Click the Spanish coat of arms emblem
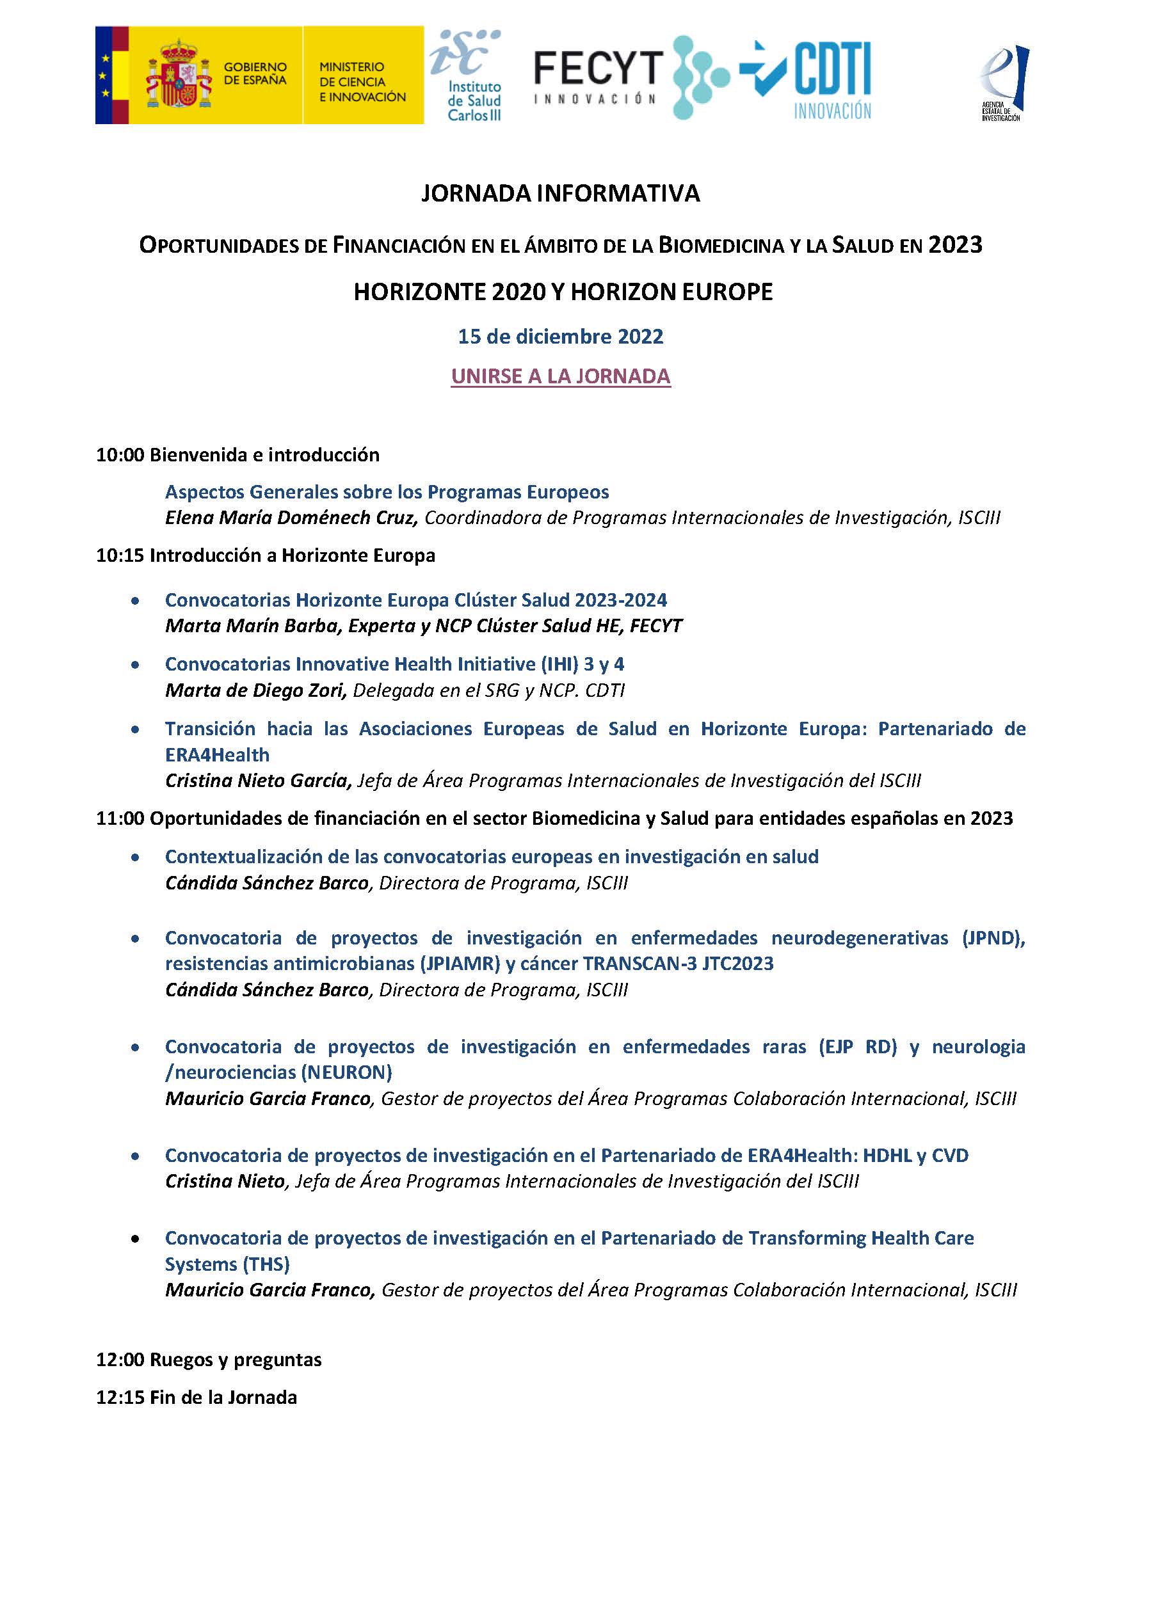pyautogui.click(x=179, y=75)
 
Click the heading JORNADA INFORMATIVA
pyautogui.click(x=560, y=193)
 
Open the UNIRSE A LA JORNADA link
pyautogui.click(x=560, y=376)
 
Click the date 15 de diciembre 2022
pyautogui.click(x=560, y=336)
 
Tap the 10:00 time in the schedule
pyautogui.click(x=120, y=455)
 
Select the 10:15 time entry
pyautogui.click(x=120, y=555)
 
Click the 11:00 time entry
pyautogui.click(x=120, y=818)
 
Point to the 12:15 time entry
pyautogui.click(x=120, y=1397)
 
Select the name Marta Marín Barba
pyautogui.click(x=251, y=626)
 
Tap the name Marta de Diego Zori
pyautogui.click(x=255, y=690)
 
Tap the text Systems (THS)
pyautogui.click(x=227, y=1264)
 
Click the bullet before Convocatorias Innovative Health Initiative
pyautogui.click(x=135, y=665)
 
